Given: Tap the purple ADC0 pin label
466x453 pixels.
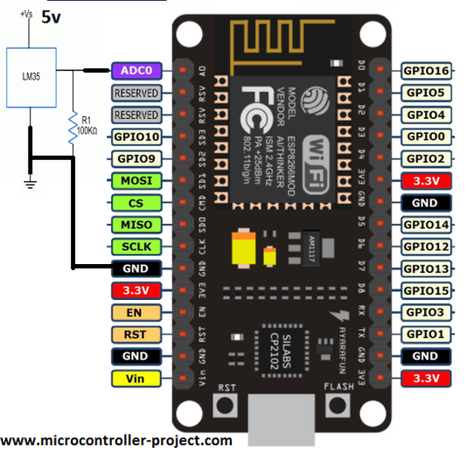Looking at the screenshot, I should pyautogui.click(x=136, y=69).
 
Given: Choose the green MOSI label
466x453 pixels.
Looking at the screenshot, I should pyautogui.click(x=136, y=181).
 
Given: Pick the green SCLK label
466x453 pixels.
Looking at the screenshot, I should pyautogui.click(x=136, y=247).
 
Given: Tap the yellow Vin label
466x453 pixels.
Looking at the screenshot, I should pyautogui.click(x=136, y=379).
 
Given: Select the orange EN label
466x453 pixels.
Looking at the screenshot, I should pyautogui.click(x=136, y=312).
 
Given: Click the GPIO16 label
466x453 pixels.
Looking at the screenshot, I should pyautogui.click(x=425, y=70).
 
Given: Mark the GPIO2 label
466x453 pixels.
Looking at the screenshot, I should pyautogui.click(x=425, y=158).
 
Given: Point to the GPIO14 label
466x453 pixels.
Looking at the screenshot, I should pyautogui.click(x=425, y=225).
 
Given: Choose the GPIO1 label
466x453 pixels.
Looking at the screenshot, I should pyautogui.click(x=425, y=334).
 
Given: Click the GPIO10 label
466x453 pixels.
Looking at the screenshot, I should pyautogui.click(x=136, y=136).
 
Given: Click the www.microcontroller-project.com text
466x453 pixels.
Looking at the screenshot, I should pyautogui.click(x=116, y=441).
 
